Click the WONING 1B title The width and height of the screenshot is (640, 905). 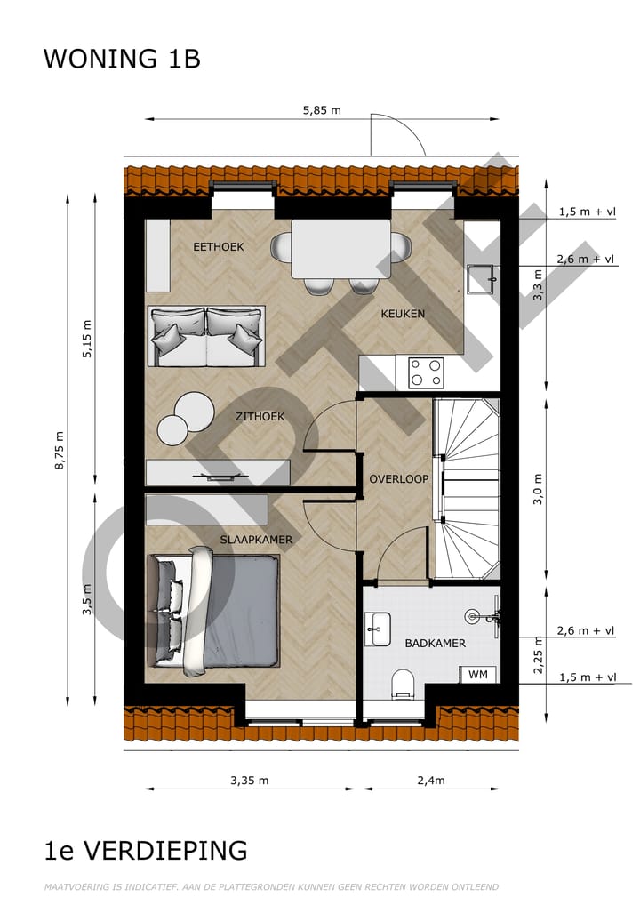[x=122, y=59]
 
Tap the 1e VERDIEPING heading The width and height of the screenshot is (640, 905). [x=146, y=851]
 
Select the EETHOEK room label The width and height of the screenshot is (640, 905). [x=219, y=247]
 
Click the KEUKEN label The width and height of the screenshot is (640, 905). [x=403, y=314]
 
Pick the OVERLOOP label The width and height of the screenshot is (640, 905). [x=399, y=479]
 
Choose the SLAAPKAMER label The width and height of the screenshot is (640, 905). [x=257, y=540]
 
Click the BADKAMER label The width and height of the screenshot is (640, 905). [x=435, y=644]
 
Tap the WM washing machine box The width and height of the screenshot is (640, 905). [x=478, y=674]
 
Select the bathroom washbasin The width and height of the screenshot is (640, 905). [x=378, y=629]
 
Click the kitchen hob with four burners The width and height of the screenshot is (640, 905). [x=425, y=372]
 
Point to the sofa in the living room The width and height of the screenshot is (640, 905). [x=206, y=336]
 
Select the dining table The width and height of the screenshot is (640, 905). [x=340, y=249]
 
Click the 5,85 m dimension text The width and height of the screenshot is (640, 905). [x=322, y=111]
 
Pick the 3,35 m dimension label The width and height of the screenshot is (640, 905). [x=249, y=781]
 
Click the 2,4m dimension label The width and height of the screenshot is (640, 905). [x=431, y=781]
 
